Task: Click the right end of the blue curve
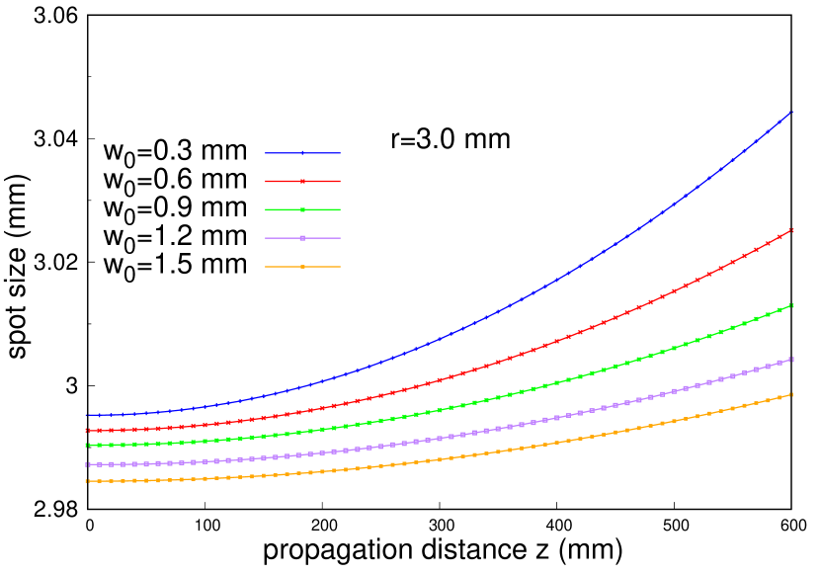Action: click(791, 112)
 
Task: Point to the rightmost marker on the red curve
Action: click(791, 230)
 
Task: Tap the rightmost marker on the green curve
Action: click(791, 305)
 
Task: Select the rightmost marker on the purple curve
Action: click(791, 360)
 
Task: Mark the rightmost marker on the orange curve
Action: click(791, 395)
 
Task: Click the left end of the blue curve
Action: click(87, 415)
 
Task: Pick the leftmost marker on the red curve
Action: click(87, 431)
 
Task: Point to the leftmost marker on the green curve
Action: click(87, 446)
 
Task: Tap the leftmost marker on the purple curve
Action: click(87, 464)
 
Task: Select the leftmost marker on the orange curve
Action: click(87, 481)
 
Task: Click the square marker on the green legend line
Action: click(302, 209)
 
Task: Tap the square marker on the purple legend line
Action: click(302, 238)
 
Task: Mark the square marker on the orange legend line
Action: click(302, 267)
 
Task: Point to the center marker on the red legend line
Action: click(302, 182)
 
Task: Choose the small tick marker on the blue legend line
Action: click(302, 153)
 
